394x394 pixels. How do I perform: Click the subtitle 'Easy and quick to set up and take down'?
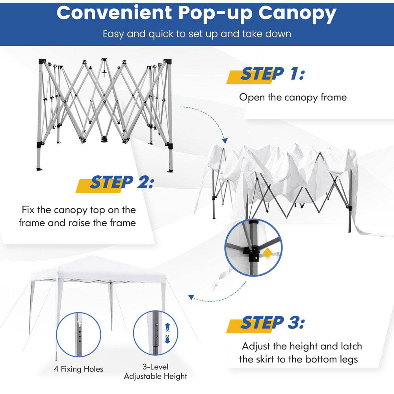coord(197,34)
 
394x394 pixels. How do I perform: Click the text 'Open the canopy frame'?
coord(293,97)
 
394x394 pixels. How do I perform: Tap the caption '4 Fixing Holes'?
coord(78,369)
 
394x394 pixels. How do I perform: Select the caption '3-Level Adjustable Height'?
coord(156,372)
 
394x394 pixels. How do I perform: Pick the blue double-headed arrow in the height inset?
coord(167,333)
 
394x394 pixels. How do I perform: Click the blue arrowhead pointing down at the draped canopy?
coord(225,141)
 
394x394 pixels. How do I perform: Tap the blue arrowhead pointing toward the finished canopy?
coord(191,297)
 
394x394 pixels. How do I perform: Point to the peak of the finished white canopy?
coord(93,256)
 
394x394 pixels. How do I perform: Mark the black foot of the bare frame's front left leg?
coord(39,169)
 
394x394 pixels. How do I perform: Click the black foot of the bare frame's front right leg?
coord(170,171)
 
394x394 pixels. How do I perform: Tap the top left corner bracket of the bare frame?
coord(42,61)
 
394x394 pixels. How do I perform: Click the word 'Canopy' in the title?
coord(297,14)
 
